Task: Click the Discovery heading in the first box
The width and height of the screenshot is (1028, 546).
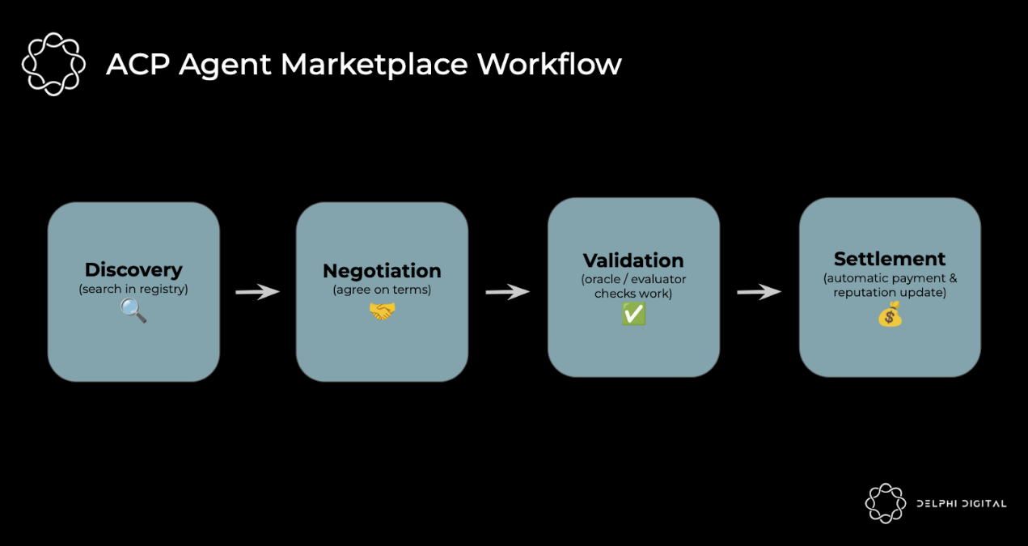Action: tap(133, 270)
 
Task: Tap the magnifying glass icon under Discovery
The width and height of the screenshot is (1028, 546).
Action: tap(133, 310)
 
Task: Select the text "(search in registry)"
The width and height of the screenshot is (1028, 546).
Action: tap(133, 289)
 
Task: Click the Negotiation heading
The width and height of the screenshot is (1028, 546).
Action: tap(382, 271)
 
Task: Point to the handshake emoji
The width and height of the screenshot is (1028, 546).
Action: tap(382, 311)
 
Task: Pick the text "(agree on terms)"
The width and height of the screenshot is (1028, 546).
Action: tap(382, 290)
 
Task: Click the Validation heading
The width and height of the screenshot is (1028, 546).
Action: tap(633, 260)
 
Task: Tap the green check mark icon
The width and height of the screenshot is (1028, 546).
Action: tap(633, 315)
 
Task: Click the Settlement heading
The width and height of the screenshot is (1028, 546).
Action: tap(890, 259)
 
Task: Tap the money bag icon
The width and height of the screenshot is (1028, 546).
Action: tap(890, 314)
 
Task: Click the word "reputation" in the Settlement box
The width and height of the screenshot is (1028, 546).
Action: tap(863, 292)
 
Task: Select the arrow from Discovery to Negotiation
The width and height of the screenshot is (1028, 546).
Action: tap(257, 291)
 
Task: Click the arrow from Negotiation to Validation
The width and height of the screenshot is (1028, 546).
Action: tap(507, 291)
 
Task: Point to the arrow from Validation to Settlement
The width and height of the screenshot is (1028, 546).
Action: tap(759, 292)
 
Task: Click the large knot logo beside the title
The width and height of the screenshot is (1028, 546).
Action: tap(53, 64)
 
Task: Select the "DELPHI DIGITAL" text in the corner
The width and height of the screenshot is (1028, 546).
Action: tap(961, 504)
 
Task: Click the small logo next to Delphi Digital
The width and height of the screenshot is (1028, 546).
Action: tap(886, 503)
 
